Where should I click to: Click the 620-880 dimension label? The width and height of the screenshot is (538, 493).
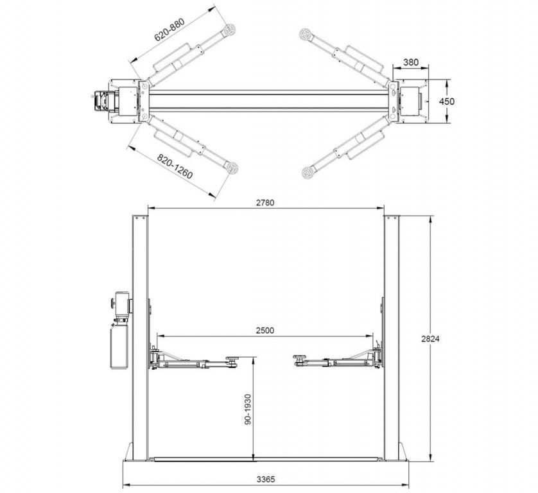(x=169, y=30)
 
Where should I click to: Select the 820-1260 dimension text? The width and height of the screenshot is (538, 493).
(x=175, y=166)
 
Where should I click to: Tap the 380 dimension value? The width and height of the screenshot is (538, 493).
(x=411, y=62)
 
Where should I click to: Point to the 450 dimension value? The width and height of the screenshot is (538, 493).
(x=447, y=101)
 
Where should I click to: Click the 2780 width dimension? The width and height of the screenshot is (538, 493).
(x=265, y=203)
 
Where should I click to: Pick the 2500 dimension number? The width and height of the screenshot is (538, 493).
(x=265, y=331)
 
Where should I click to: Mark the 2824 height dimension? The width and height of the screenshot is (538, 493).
(x=430, y=339)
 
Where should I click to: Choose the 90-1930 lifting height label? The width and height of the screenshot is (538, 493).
(x=248, y=410)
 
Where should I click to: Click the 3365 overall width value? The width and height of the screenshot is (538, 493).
(x=266, y=480)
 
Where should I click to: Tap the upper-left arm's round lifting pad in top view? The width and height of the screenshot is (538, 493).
(x=230, y=29)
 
